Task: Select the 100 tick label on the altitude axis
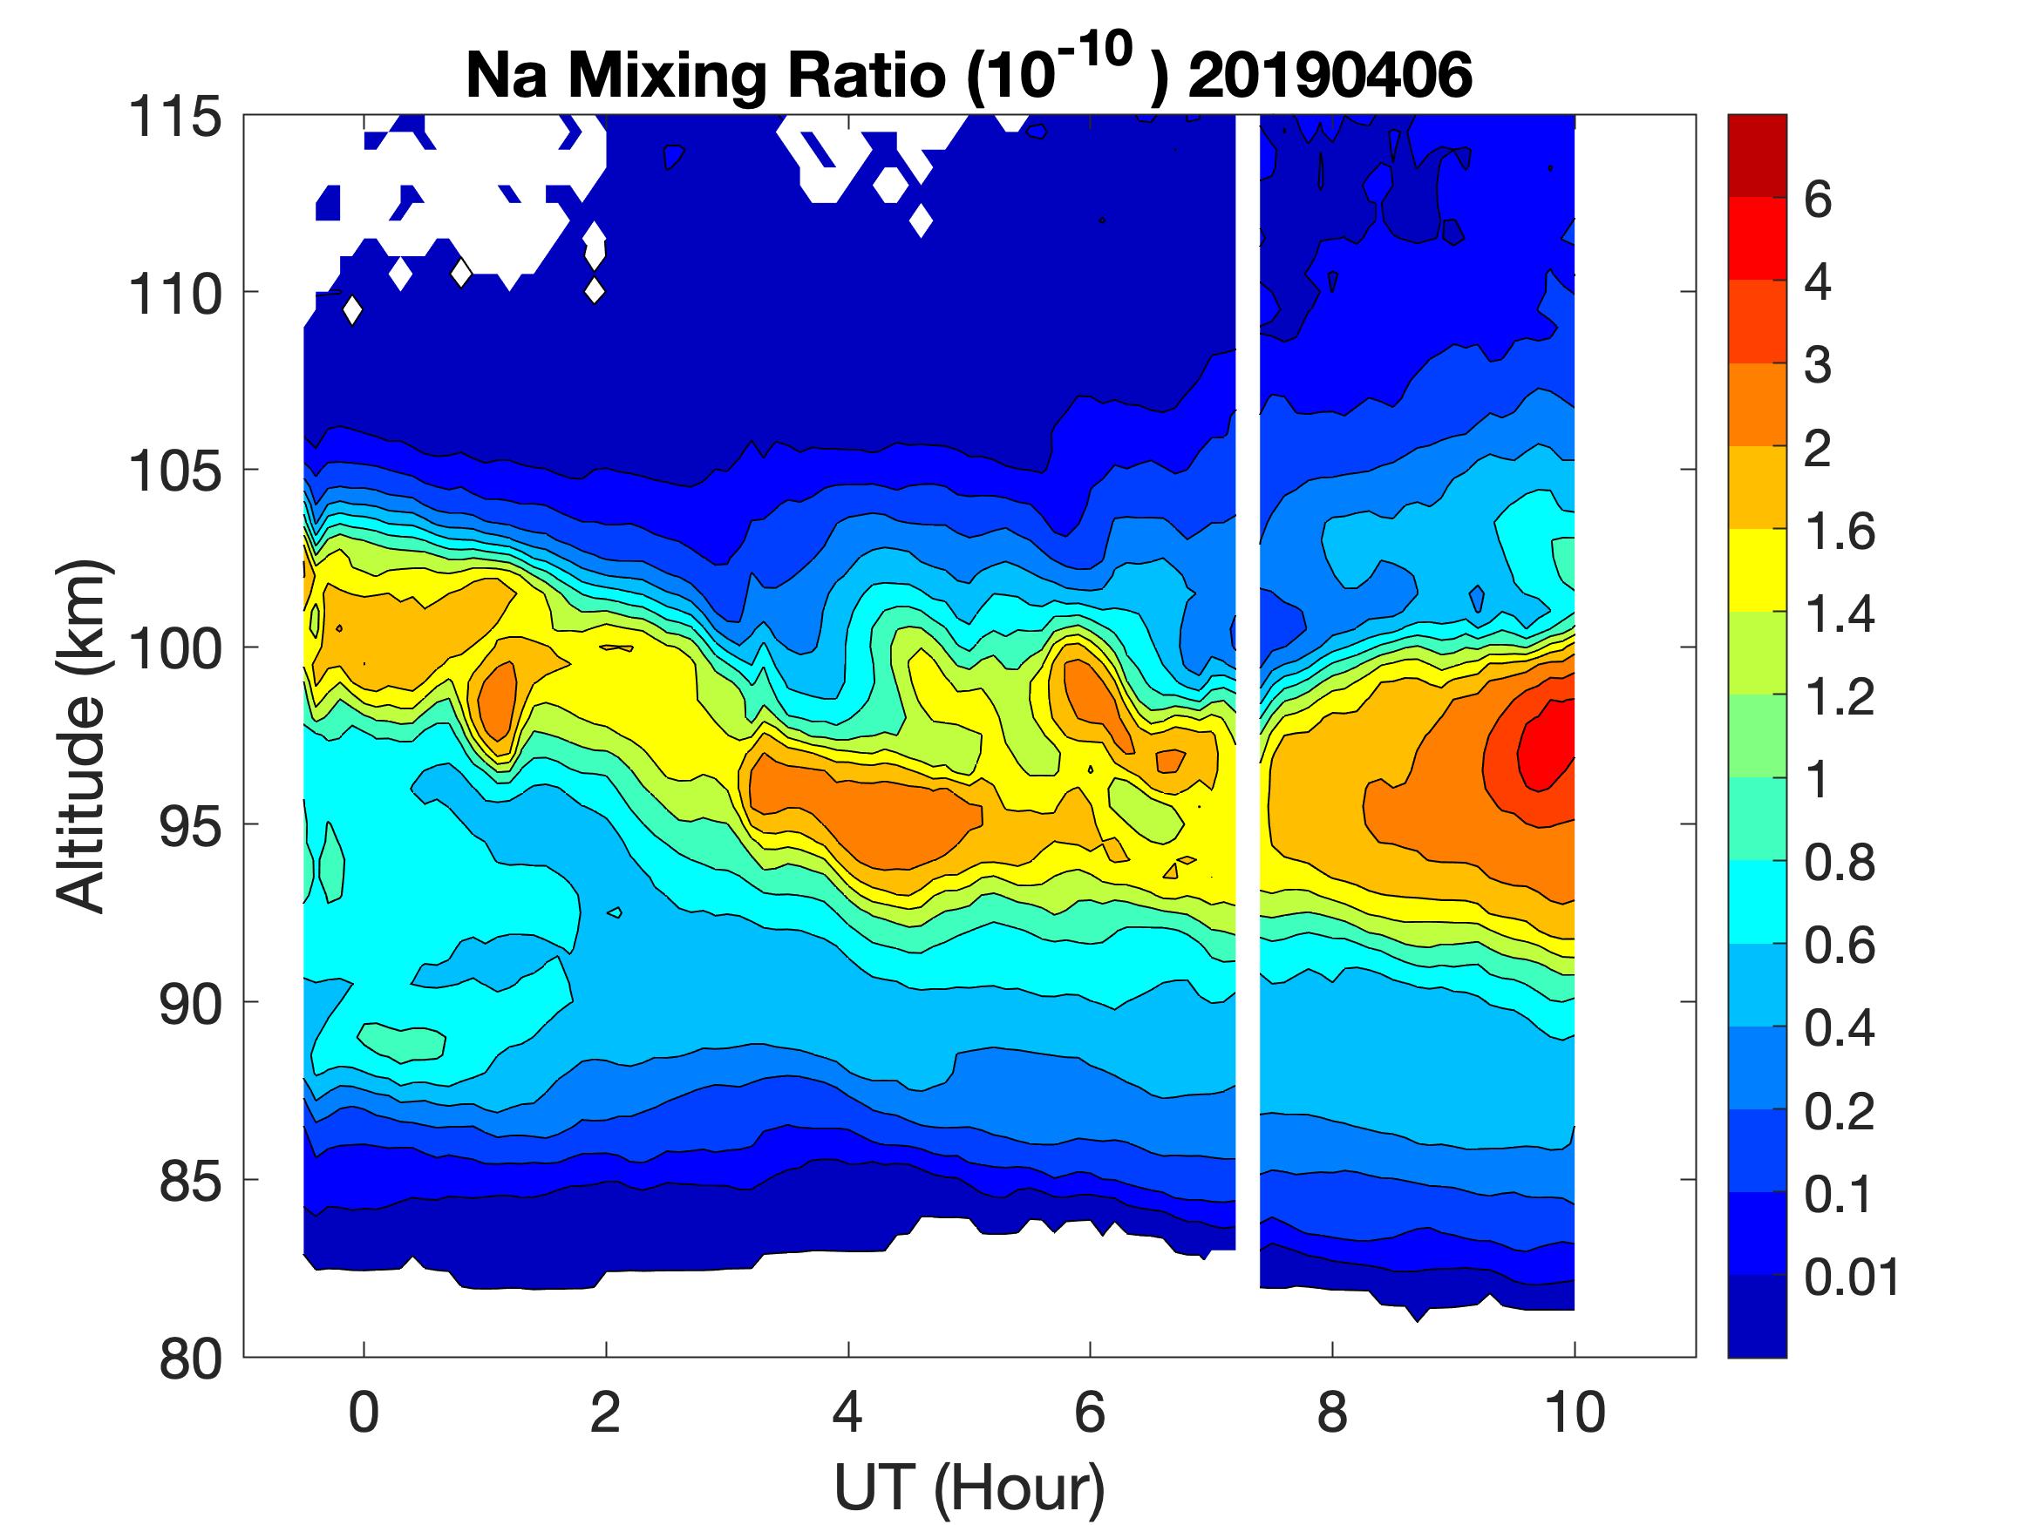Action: (x=174, y=648)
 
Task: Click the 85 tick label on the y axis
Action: (x=190, y=1179)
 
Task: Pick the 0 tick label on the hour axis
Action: (x=364, y=1413)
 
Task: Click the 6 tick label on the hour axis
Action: (x=1090, y=1413)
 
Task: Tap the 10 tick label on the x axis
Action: (x=1575, y=1413)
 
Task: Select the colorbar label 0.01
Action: (x=1851, y=1277)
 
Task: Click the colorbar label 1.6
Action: (x=1839, y=532)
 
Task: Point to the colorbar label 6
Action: (x=1818, y=200)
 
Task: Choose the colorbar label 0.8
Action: (x=1839, y=864)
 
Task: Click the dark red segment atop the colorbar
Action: (x=1756, y=156)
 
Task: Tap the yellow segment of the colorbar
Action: (x=1756, y=570)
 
